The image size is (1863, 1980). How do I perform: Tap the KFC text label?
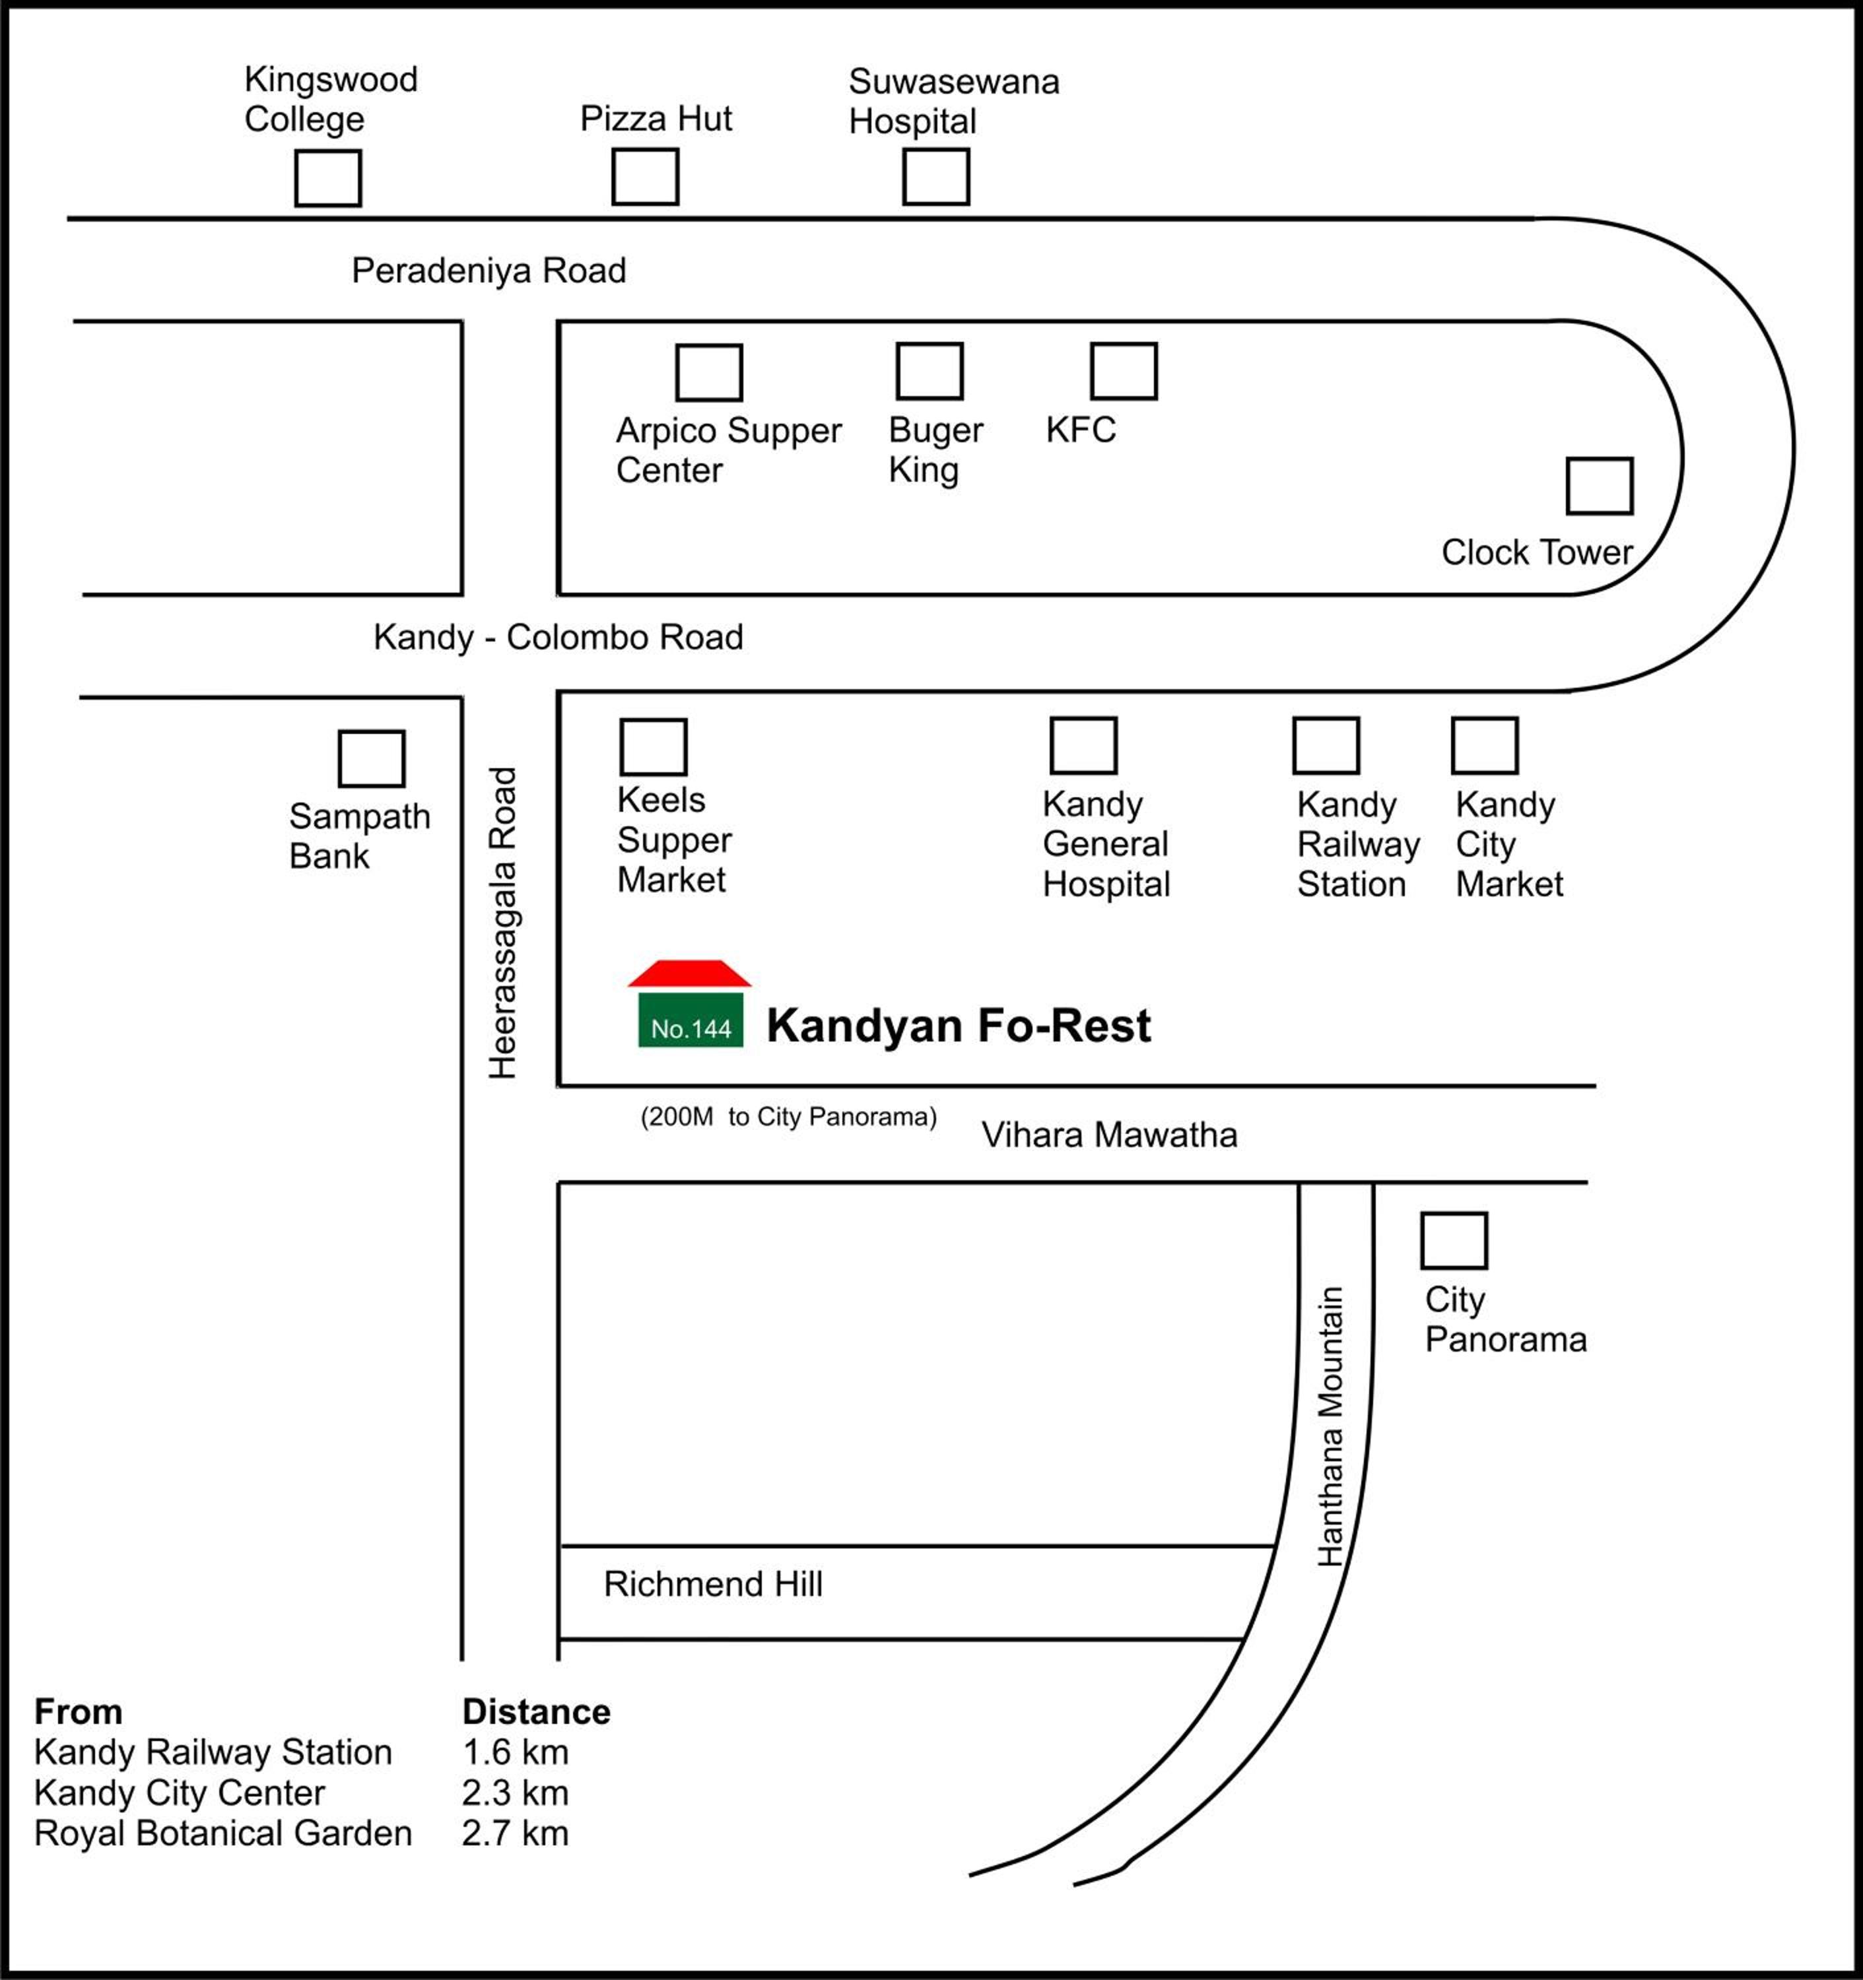[x=1081, y=430]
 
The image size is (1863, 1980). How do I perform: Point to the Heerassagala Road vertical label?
[x=503, y=923]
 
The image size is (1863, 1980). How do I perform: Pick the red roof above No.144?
[x=689, y=973]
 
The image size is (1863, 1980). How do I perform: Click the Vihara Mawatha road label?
[x=1110, y=1135]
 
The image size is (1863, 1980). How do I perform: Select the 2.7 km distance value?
[x=515, y=1833]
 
